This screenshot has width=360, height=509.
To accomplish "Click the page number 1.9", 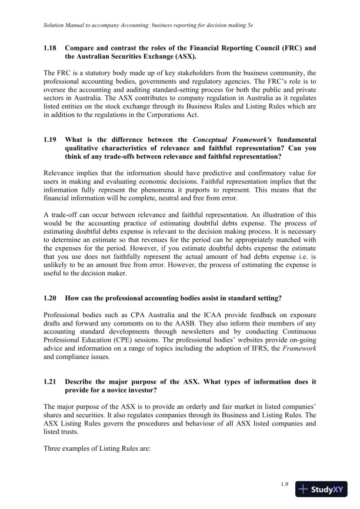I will pyautogui.click(x=285, y=484).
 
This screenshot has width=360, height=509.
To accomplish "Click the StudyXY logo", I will pyautogui.click(x=321, y=488).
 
